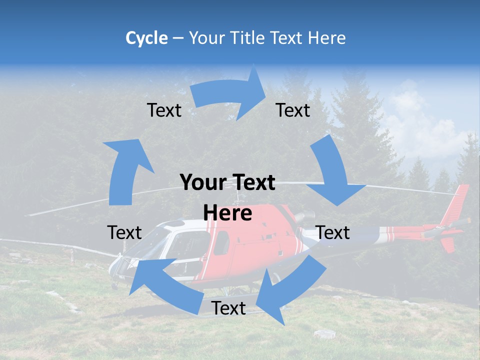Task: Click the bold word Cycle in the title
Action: click(x=146, y=38)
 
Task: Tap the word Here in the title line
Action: click(x=326, y=38)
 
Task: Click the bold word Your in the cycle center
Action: click(x=198, y=183)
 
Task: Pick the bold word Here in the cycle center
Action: click(x=227, y=213)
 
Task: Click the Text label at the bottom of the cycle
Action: click(x=228, y=308)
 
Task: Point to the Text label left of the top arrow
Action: click(x=164, y=110)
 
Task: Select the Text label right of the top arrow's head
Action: click(x=293, y=110)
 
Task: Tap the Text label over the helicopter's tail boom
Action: click(x=332, y=232)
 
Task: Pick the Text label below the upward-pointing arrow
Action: click(x=124, y=232)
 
